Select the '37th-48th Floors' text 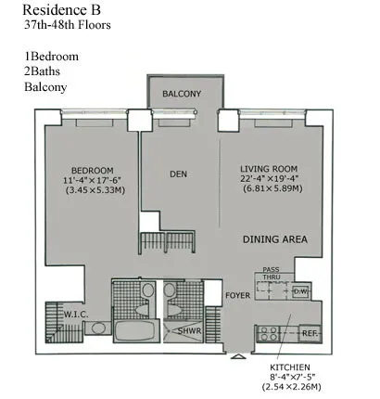pos(68,26)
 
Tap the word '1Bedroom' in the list pos(51,57)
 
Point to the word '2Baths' pos(44,72)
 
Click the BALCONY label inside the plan pos(183,95)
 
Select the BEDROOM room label pos(92,170)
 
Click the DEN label pos(179,173)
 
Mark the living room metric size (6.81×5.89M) pos(271,190)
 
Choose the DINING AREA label pos(275,239)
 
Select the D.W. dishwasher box pos(300,291)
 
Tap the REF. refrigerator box pos(310,331)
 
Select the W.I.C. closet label pos(75,315)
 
